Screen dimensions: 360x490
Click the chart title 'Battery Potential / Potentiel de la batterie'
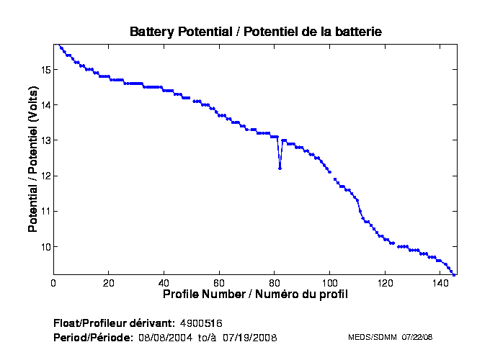[255, 32]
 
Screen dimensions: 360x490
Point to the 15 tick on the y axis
[45, 70]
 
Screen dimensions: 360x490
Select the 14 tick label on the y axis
[45, 105]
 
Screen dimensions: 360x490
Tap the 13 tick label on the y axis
[45, 140]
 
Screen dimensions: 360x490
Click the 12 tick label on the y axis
[45, 176]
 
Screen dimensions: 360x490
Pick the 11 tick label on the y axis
[45, 211]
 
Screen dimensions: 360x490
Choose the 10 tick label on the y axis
[45, 247]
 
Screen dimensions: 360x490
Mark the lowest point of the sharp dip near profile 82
[280, 168]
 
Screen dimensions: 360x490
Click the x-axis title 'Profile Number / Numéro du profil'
[255, 294]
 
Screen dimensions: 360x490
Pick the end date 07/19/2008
[249, 337]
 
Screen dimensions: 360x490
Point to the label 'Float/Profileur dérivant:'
[114, 323]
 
